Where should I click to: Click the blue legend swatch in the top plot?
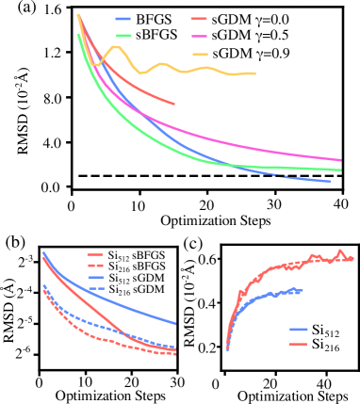123,19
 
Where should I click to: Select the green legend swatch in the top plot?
123,35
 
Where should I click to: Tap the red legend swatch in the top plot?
198,19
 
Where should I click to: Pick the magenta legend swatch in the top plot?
198,36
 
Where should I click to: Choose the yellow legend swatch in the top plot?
199,54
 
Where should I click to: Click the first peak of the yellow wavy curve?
116,46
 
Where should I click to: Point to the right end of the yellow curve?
254,73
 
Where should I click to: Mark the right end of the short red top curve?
174,104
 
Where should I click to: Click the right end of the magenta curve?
340,160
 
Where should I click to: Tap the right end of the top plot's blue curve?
330,182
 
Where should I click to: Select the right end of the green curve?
340,170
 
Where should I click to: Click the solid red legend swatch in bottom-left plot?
94,254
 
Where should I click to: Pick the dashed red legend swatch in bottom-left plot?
94,266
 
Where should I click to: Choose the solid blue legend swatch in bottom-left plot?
95,278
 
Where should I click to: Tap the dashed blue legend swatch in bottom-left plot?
95,288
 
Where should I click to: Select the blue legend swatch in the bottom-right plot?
299,330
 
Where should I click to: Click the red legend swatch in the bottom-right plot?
299,344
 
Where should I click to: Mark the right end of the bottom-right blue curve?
302,291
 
